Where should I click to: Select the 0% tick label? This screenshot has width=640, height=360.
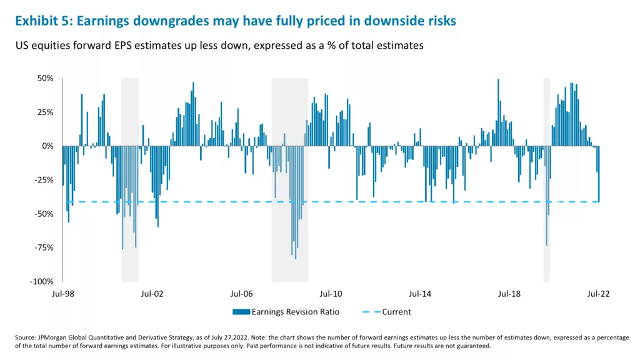[48, 146]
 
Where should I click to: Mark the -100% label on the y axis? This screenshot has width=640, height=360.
[42, 281]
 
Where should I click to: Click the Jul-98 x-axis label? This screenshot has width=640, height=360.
[62, 293]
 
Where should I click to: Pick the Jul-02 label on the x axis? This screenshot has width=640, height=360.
[152, 293]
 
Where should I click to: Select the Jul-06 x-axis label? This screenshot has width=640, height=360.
[241, 293]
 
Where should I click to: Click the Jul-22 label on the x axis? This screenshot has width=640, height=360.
[599, 293]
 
